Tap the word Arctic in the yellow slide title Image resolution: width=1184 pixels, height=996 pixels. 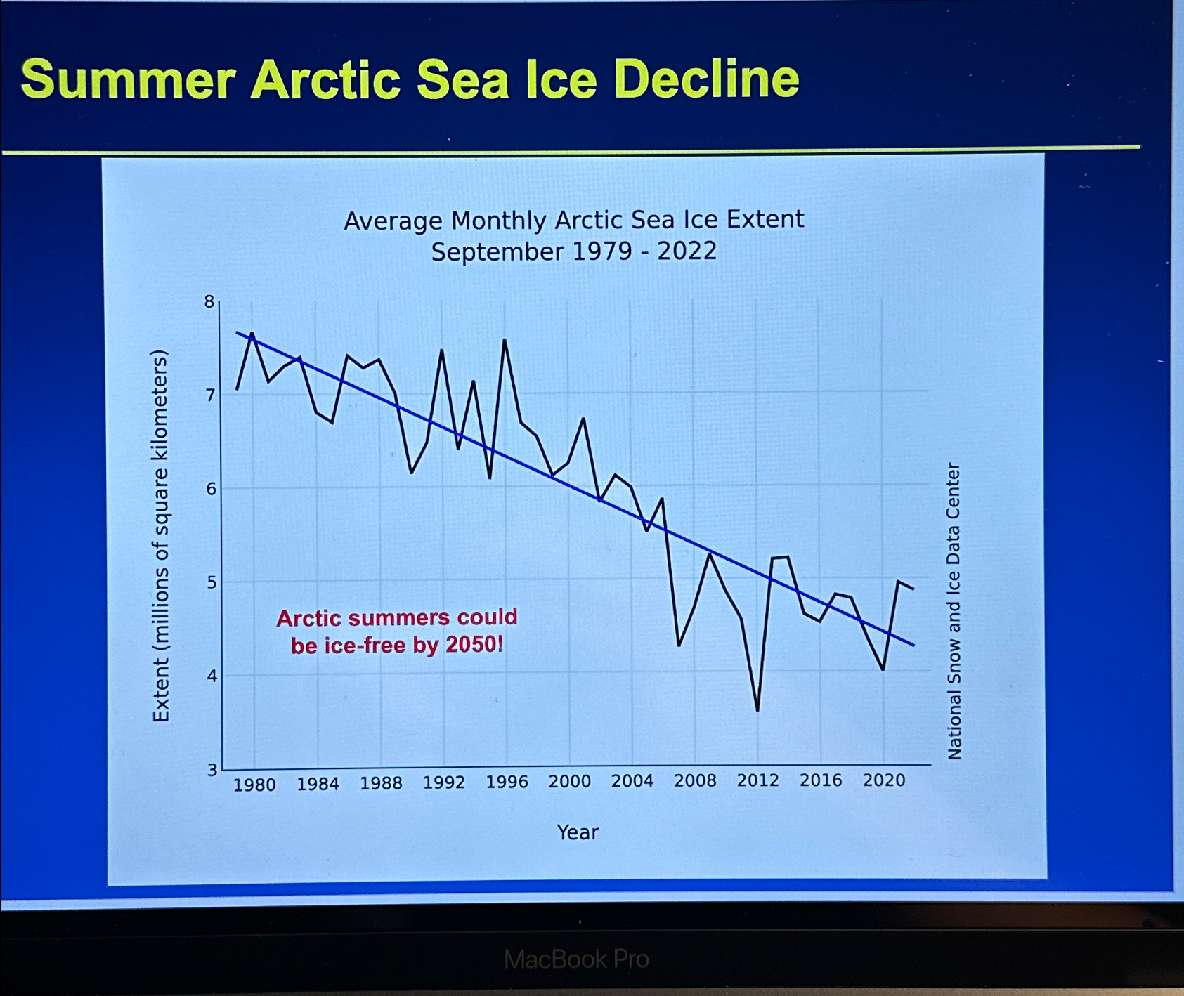pos(327,79)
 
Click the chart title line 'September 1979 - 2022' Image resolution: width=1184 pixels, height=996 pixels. pos(573,251)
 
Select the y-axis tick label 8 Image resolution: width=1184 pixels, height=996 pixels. pos(209,302)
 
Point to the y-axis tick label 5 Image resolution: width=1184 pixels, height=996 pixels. pos(212,582)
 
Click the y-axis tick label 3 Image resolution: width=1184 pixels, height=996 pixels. pos(212,770)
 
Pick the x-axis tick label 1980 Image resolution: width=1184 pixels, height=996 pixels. pos(254,785)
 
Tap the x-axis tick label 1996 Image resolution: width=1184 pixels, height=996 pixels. pos(507,782)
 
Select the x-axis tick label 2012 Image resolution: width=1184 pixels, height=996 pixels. pos(757,780)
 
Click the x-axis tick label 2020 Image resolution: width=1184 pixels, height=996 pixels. pos(883,780)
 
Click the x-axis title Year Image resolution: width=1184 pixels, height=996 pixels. pos(578,832)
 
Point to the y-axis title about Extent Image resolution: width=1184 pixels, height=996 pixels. pos(161,535)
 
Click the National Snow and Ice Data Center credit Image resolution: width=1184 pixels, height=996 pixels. pos(954,611)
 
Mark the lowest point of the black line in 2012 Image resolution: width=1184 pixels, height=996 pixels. pos(757,711)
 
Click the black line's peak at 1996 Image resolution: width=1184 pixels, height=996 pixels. pos(505,341)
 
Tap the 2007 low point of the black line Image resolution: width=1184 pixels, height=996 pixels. pos(678,645)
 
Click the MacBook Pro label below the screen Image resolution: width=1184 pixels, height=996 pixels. pos(576,959)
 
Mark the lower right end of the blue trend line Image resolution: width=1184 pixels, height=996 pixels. pos(913,645)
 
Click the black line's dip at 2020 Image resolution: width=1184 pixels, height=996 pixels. pos(883,669)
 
